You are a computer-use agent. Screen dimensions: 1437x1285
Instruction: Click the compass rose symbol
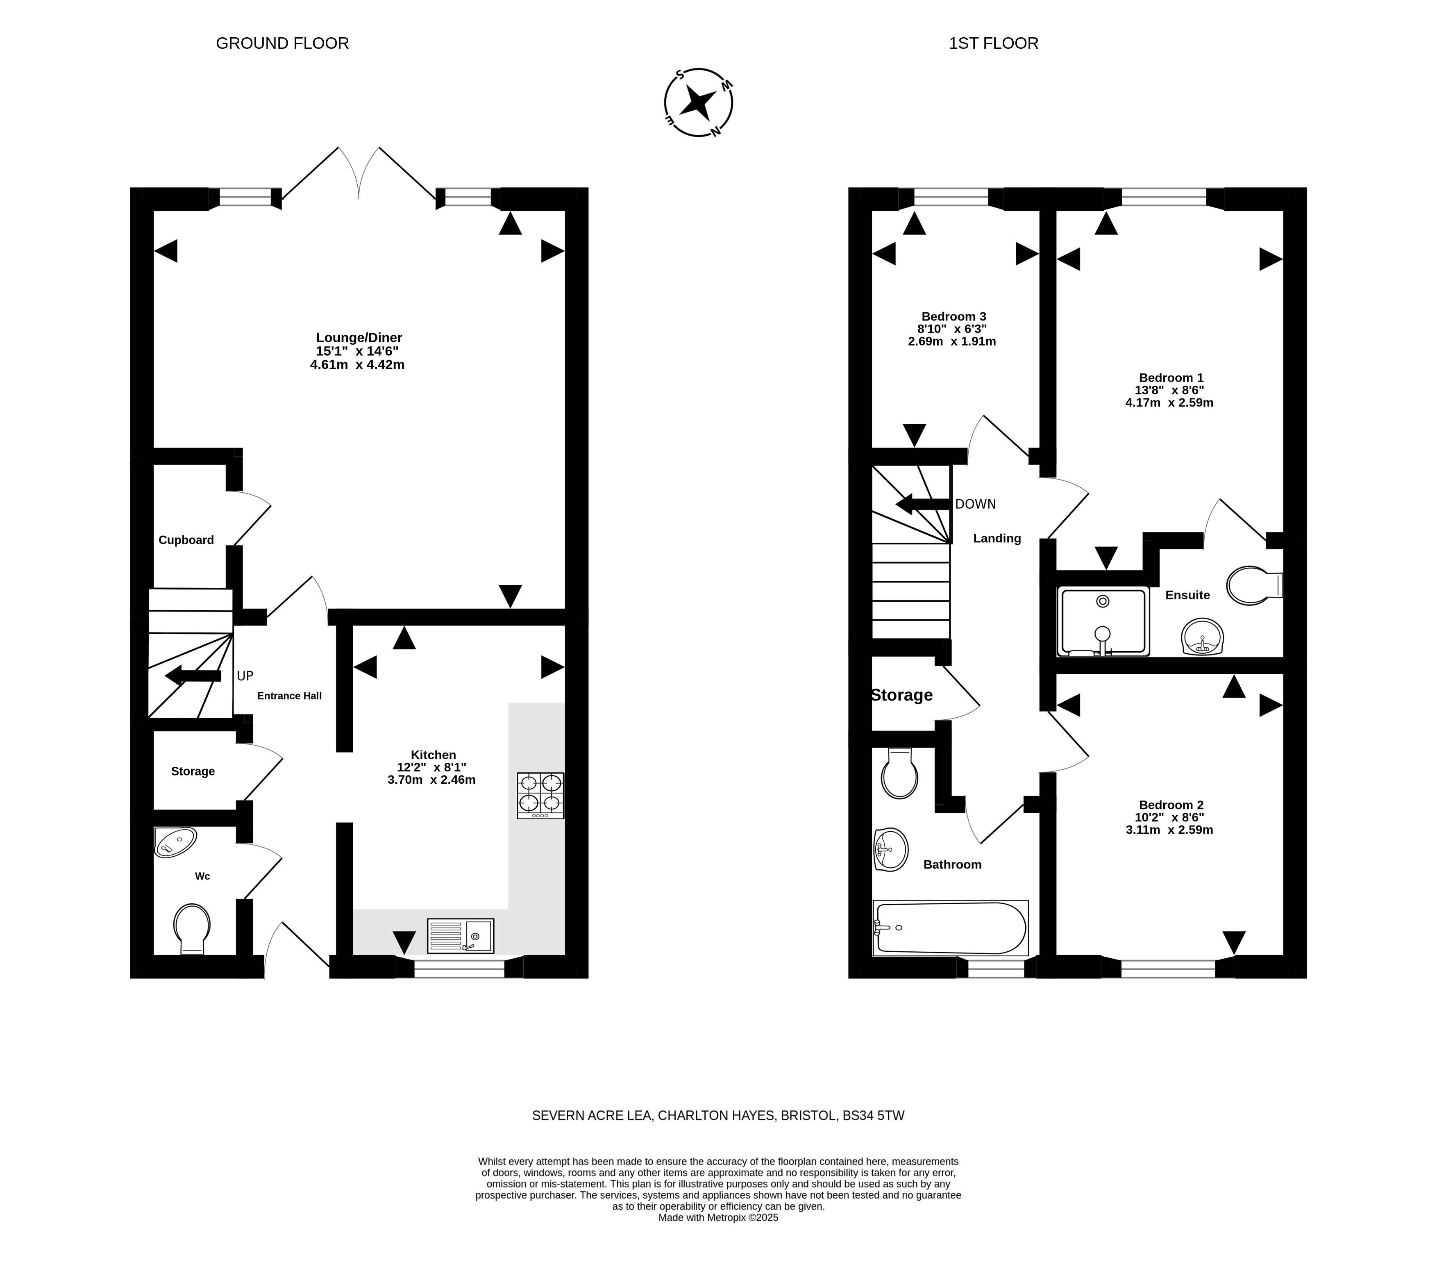pos(698,102)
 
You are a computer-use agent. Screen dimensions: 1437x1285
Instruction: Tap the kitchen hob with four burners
pos(540,795)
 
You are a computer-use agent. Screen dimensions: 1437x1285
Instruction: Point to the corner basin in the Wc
pos(174,842)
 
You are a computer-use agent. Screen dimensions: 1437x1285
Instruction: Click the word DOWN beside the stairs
pos(975,504)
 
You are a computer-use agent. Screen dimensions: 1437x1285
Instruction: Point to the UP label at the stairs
pos(245,675)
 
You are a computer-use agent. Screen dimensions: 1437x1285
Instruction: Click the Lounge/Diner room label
pos(359,337)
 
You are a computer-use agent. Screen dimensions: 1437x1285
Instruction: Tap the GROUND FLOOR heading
pos(282,43)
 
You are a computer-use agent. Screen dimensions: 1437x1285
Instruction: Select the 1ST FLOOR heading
pos(994,43)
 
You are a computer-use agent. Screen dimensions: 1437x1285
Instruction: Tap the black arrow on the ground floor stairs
pos(193,675)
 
